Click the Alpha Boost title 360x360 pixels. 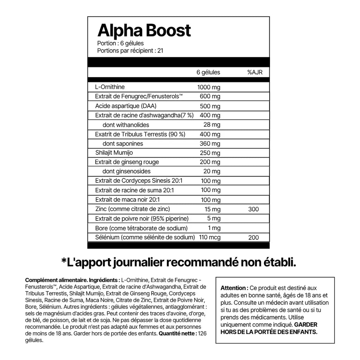[144, 31]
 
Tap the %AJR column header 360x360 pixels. [255, 72]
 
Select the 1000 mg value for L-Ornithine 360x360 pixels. [209, 88]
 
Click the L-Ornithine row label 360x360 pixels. [110, 87]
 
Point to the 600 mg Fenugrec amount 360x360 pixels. [210, 97]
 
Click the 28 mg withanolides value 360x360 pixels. [212, 125]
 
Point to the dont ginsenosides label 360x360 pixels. [127, 171]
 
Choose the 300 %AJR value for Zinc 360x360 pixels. [253, 209]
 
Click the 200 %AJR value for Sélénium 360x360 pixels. [253, 238]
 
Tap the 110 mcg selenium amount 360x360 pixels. [210, 238]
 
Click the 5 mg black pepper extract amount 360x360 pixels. [214, 219]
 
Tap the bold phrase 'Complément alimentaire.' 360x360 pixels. [56, 281]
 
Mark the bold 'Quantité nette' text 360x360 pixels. [178, 333]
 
